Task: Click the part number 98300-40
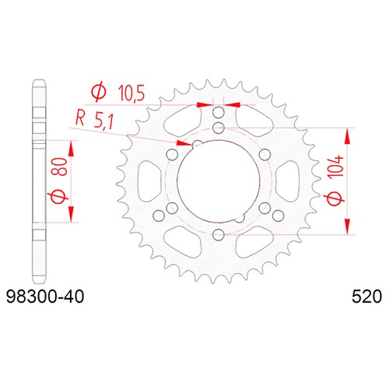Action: (45, 296)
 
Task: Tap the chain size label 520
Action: (366, 296)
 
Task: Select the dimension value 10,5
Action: (131, 93)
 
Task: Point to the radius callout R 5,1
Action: (94, 120)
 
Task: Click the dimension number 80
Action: (62, 166)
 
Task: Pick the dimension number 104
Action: (335, 166)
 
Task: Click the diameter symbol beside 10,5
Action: (99, 92)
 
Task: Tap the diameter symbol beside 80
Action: (60, 196)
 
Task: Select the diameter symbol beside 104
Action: (335, 199)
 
